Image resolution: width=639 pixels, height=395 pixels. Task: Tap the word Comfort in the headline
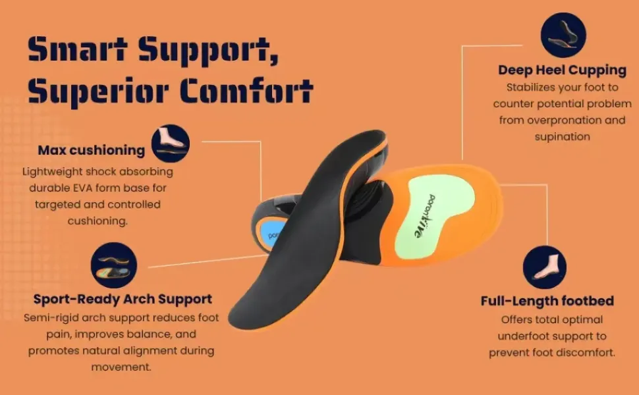click(x=247, y=90)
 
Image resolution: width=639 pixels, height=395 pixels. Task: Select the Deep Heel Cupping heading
click(x=562, y=70)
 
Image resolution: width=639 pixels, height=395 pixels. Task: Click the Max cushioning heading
click(x=92, y=150)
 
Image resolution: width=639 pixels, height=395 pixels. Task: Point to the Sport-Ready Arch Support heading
click(x=123, y=300)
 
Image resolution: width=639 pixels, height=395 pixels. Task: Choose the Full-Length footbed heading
click(x=547, y=301)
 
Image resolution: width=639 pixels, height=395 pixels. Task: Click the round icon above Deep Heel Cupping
click(x=563, y=35)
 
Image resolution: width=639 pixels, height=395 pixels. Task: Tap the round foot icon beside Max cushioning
click(x=171, y=144)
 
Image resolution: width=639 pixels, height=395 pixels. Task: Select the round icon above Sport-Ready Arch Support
click(x=114, y=265)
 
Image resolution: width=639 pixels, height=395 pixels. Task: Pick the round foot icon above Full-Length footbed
click(x=544, y=267)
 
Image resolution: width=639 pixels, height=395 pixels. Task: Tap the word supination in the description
click(x=563, y=137)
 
